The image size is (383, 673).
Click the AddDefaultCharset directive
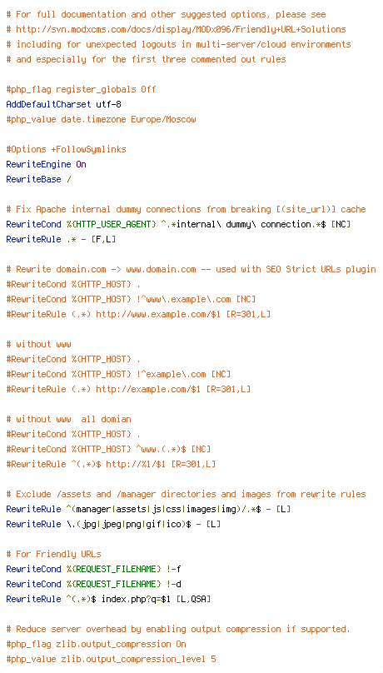[x=48, y=104]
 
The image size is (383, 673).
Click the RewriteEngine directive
[x=38, y=164]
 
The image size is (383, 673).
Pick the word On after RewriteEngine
[x=81, y=164]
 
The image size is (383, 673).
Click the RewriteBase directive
[x=33, y=179]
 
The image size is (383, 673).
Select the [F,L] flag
[x=104, y=240]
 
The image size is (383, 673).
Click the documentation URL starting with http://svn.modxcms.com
[x=181, y=30]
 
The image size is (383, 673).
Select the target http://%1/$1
[x=136, y=465]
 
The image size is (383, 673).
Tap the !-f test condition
[x=174, y=569]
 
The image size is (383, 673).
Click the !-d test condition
[x=174, y=584]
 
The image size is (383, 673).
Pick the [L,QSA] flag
[x=193, y=599]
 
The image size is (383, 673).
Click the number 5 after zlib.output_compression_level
[x=214, y=660]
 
